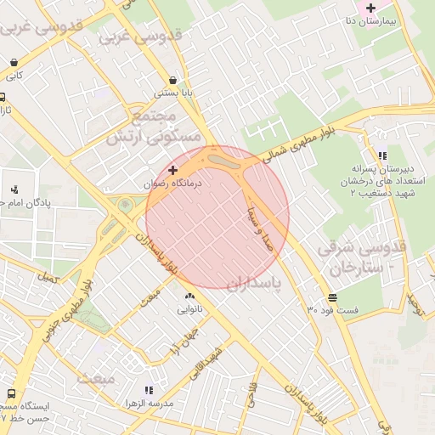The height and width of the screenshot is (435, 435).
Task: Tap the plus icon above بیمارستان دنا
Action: pyautogui.click(x=370, y=8)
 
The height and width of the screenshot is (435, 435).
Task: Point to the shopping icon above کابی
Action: pyautogui.click(x=15, y=62)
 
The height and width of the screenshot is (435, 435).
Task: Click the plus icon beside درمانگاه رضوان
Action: pyautogui.click(x=173, y=170)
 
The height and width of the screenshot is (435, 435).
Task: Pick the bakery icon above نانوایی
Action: pyautogui.click(x=189, y=296)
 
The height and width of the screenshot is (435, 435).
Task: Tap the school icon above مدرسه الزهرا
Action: pyautogui.click(x=149, y=390)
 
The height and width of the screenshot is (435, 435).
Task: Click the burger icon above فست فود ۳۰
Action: pyautogui.click(x=330, y=297)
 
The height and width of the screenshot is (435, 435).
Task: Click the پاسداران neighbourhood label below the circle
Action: pyautogui.click(x=255, y=281)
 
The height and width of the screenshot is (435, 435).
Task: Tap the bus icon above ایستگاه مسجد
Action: pyautogui.click(x=12, y=394)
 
